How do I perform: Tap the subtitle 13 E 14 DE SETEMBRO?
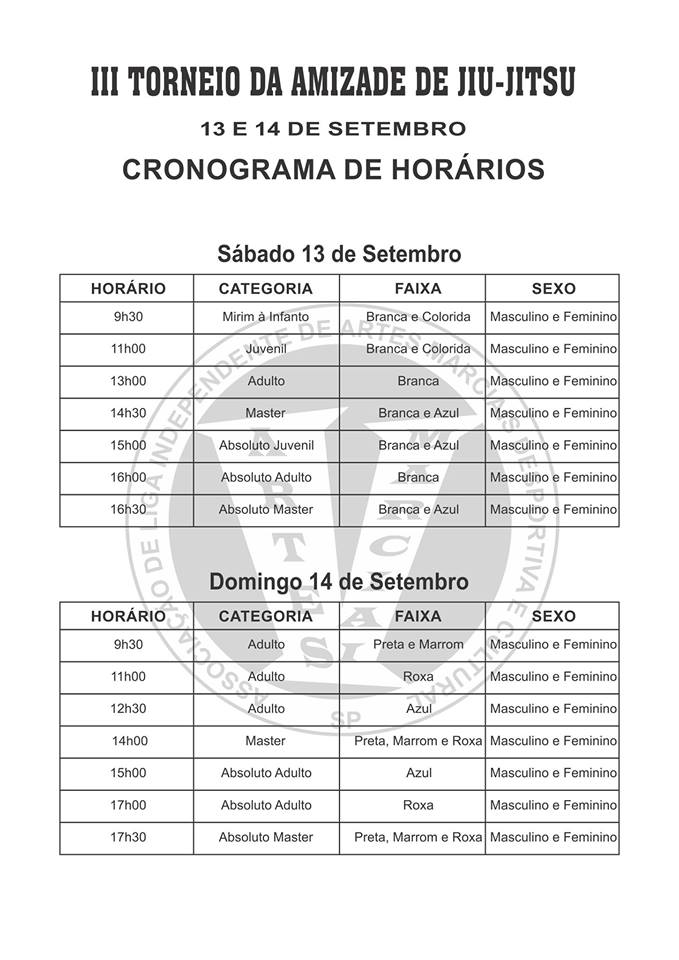coord(334,128)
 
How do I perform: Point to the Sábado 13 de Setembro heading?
coord(339,254)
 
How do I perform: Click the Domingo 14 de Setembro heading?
coord(339,581)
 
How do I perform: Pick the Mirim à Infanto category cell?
coord(265,317)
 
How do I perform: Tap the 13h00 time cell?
coord(128,381)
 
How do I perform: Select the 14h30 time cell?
coord(128,413)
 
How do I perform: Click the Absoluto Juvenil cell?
coord(265,445)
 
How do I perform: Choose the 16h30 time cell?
coord(128,509)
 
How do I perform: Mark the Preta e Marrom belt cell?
coord(418,645)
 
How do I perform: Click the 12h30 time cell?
coord(128,709)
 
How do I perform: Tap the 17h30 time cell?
coord(128,837)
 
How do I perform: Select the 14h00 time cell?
coord(128,741)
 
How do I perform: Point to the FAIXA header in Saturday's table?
coord(418,288)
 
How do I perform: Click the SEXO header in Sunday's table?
coord(553,616)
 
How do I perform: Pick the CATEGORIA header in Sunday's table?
coord(265,616)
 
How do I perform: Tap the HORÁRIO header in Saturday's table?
coord(128,288)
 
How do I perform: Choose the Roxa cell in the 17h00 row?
coord(418,805)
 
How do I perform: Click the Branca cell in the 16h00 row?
coord(418,477)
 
